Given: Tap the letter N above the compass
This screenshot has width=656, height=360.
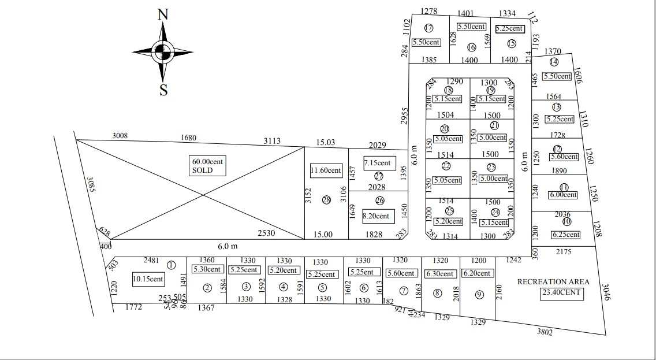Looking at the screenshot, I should [163, 16].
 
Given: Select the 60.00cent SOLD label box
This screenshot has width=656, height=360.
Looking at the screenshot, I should [207, 166].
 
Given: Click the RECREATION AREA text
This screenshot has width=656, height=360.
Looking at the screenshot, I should [553, 282].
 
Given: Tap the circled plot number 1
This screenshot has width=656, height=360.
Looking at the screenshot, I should [171, 265].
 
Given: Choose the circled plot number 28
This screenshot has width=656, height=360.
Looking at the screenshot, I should [326, 200].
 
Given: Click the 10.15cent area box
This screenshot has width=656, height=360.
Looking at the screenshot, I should [148, 279].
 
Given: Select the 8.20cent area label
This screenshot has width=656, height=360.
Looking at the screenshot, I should [376, 216].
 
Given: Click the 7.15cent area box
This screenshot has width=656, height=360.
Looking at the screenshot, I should [378, 163].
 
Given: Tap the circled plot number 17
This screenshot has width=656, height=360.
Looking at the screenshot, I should [428, 28].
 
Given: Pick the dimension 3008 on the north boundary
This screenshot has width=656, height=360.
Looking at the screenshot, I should [120, 136].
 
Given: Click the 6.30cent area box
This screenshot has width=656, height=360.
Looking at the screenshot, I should [439, 274].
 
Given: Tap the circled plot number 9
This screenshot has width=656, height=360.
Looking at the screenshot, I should [479, 294].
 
